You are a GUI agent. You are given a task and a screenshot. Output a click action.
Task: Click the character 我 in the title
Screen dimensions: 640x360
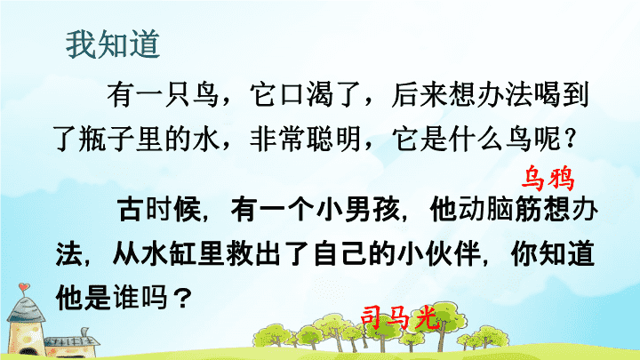point(81,44)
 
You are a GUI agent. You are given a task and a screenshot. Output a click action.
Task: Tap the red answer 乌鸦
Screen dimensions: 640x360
point(548,178)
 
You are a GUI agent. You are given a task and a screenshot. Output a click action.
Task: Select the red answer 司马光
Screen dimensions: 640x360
point(400,317)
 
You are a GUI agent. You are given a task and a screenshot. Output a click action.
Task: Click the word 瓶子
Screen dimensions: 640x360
point(106,140)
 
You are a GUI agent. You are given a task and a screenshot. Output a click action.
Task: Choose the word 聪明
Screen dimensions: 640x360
point(333,140)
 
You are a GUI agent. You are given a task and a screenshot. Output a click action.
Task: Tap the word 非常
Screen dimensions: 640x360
point(276,140)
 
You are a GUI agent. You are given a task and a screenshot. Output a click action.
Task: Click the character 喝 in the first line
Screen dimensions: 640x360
point(546,95)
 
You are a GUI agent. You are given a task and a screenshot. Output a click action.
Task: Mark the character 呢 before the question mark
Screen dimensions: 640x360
point(546,140)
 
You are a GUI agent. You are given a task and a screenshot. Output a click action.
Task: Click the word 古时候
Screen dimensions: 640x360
point(159,210)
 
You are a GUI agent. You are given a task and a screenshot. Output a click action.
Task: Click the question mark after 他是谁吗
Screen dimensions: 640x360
point(183,298)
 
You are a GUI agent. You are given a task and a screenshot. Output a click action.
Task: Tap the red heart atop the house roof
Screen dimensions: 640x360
point(24,287)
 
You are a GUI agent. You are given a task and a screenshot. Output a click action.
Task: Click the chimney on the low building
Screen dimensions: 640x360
point(85,332)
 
